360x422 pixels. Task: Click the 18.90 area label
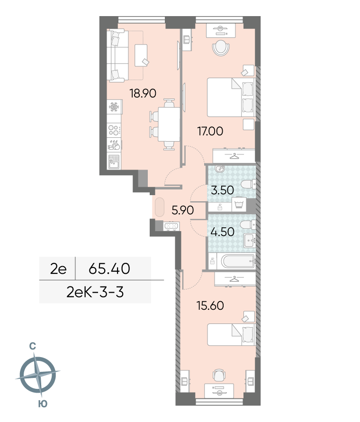[x=143, y=93]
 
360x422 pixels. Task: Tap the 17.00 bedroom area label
[x=210, y=131]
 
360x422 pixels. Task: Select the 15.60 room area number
[x=210, y=306]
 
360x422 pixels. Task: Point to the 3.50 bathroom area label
[x=222, y=190]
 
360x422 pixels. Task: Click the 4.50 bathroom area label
[x=222, y=232]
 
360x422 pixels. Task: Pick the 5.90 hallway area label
[x=182, y=210]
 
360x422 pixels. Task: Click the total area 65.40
[x=109, y=269]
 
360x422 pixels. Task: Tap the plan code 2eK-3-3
[x=95, y=292]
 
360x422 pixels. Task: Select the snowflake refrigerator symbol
[x=114, y=107]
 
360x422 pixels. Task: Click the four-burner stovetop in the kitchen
[x=114, y=131]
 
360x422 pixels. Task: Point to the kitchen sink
[x=114, y=162]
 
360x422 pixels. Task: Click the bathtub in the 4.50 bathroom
[x=238, y=261]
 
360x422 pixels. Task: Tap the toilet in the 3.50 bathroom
[x=248, y=184]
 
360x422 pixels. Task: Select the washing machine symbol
[x=239, y=204]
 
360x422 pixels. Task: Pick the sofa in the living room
[x=117, y=56]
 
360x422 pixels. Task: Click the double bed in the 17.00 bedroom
[x=231, y=98]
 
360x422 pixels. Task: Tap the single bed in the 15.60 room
[x=231, y=334]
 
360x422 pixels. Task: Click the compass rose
[x=38, y=374]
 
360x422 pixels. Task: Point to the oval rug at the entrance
[x=159, y=207]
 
